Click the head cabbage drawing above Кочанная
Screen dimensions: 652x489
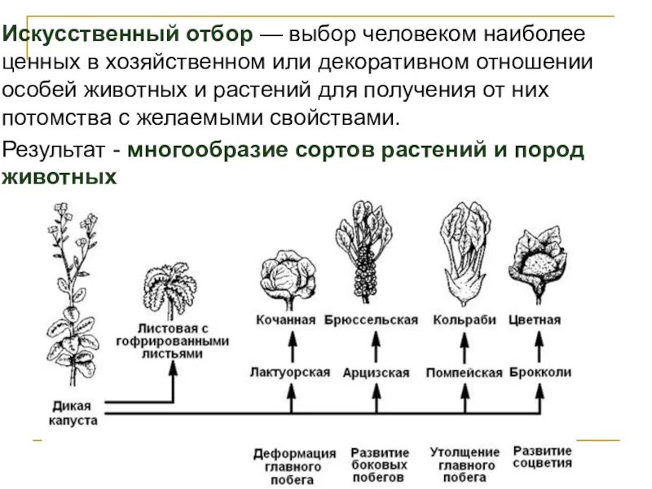point(287,278)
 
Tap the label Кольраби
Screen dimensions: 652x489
point(465,320)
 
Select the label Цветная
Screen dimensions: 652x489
point(535,320)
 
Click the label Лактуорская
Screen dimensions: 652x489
point(290,372)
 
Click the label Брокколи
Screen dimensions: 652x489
point(540,372)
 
